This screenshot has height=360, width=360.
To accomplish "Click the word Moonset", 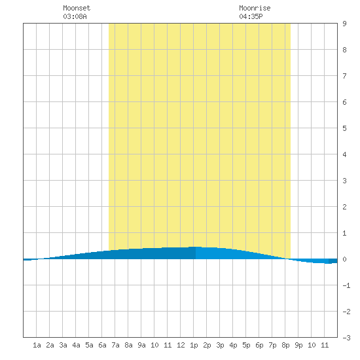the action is (77, 8).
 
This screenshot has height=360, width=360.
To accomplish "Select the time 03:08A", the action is (75, 16).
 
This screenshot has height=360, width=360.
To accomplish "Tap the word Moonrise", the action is (255, 8).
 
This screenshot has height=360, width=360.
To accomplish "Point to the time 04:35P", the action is (251, 16).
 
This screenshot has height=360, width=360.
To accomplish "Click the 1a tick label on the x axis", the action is (37, 345).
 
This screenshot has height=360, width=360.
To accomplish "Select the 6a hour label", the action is (102, 345).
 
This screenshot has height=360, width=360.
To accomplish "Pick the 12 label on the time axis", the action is (181, 345).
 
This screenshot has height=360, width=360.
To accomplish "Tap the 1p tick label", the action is (194, 345).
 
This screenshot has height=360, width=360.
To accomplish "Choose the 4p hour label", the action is (233, 345).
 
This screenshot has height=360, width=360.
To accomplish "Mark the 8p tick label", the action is (285, 345).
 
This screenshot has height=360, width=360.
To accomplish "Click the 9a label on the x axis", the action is (141, 345).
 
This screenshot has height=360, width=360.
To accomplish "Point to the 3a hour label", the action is (63, 345).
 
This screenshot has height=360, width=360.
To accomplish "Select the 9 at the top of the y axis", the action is (344, 24).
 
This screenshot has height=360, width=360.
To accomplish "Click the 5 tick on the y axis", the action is (344, 128).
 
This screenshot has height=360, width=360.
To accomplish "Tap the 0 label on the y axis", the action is (344, 259).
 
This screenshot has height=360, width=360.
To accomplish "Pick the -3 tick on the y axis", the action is (346, 338).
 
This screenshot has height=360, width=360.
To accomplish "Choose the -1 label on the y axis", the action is (346, 285).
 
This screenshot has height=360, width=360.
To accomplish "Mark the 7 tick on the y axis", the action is (344, 76).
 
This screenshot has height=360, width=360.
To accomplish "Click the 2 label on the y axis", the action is (344, 207).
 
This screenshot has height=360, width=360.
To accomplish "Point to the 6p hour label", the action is (259, 345).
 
